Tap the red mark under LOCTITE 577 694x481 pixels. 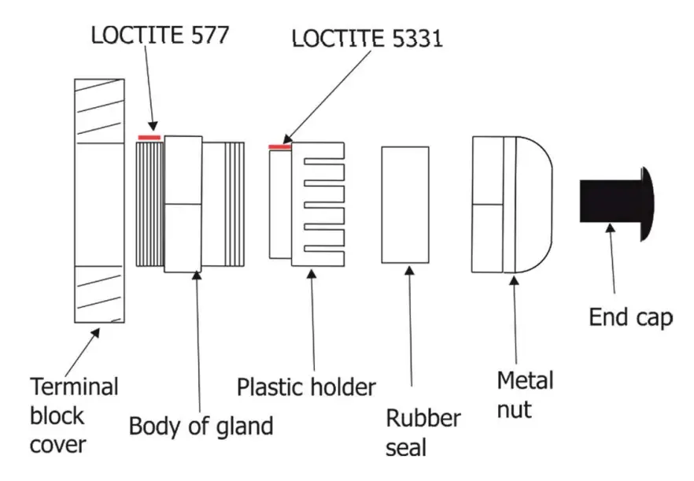tap(150, 137)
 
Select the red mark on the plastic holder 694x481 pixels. tap(280, 146)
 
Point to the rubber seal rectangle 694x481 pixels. tap(405, 204)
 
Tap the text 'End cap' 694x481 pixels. tap(631, 317)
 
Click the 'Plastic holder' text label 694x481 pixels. tap(307, 387)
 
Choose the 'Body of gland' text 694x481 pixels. tap(201, 426)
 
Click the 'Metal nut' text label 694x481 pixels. tap(525, 394)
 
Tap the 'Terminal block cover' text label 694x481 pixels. tap(74, 416)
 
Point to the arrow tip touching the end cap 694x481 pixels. tap(609, 228)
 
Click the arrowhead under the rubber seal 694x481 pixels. tap(408, 269)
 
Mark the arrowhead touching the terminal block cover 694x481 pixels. tap(98, 331)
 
